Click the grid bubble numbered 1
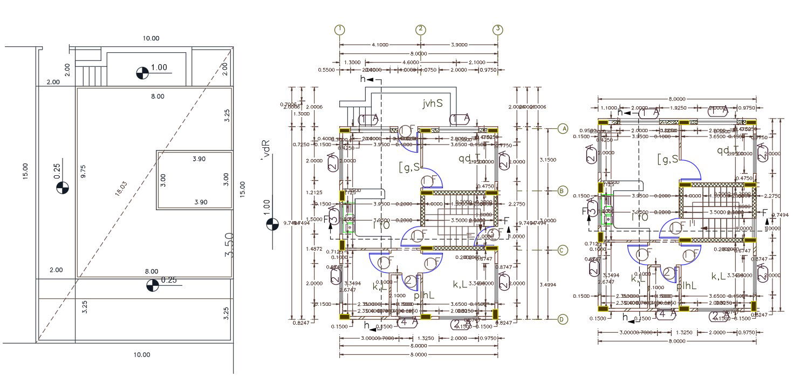pyautogui.click(x=339, y=29)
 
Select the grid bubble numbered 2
pyautogui.click(x=421, y=29)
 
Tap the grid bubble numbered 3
pyautogui.click(x=498, y=29)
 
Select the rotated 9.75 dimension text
pyautogui.click(x=83, y=173)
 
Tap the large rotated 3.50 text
pyautogui.click(x=229, y=245)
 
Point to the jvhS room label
pyautogui.click(x=433, y=103)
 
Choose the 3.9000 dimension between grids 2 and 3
pyautogui.click(x=459, y=45)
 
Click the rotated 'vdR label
pyautogui.click(x=264, y=152)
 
